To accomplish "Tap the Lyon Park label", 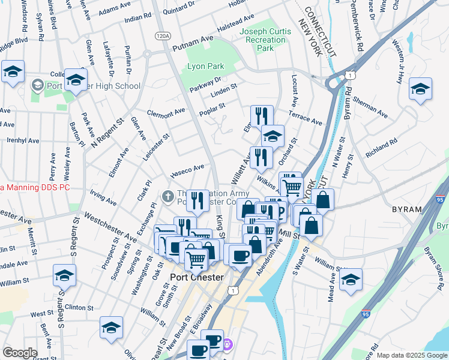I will [x=205, y=66].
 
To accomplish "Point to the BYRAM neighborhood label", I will [x=407, y=209].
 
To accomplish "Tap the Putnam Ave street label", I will [x=193, y=43].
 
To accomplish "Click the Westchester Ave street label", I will [x=109, y=227].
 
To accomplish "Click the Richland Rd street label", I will [x=382, y=149].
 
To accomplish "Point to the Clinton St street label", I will [x=79, y=307].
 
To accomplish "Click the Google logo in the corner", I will [x=20, y=352].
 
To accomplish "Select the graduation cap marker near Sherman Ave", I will [x=420, y=89].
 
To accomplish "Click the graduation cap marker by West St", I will [x=111, y=328].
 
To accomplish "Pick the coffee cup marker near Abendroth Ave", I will [x=241, y=254].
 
